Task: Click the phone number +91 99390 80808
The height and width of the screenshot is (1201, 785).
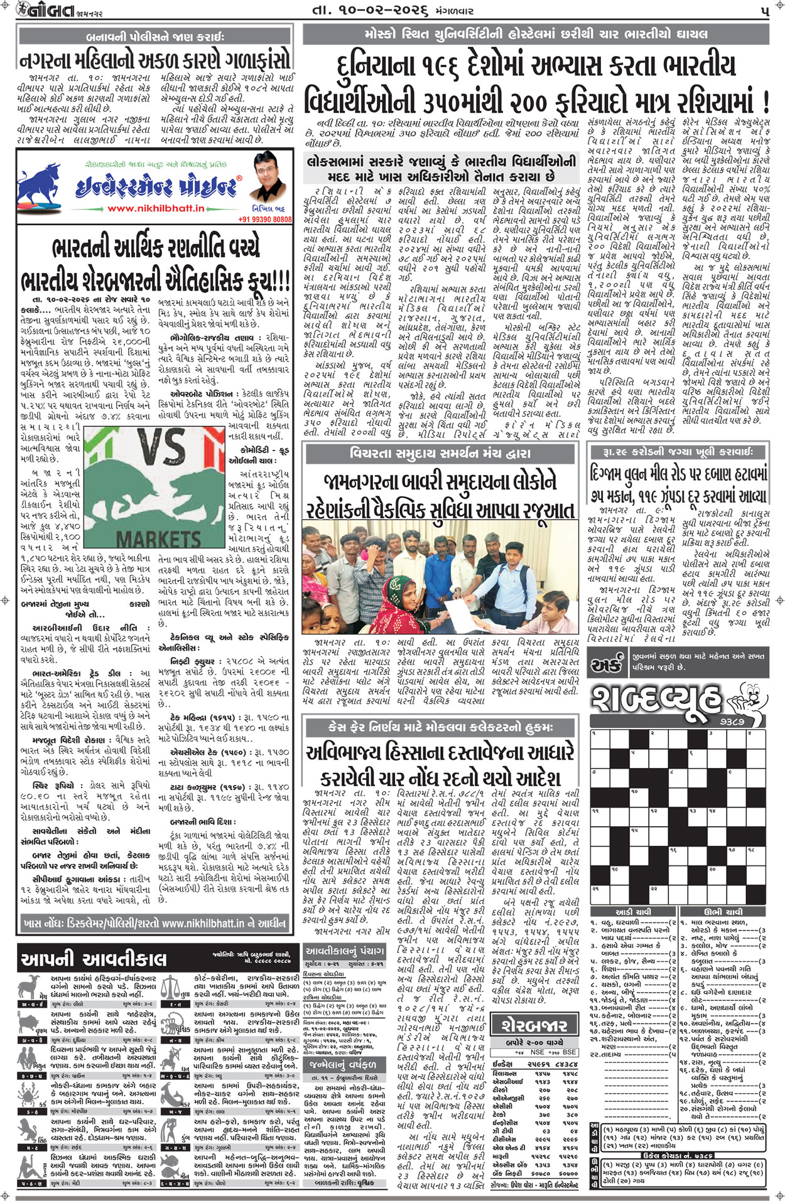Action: coord(264,219)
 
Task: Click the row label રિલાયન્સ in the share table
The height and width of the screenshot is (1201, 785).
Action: coord(504,1074)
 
